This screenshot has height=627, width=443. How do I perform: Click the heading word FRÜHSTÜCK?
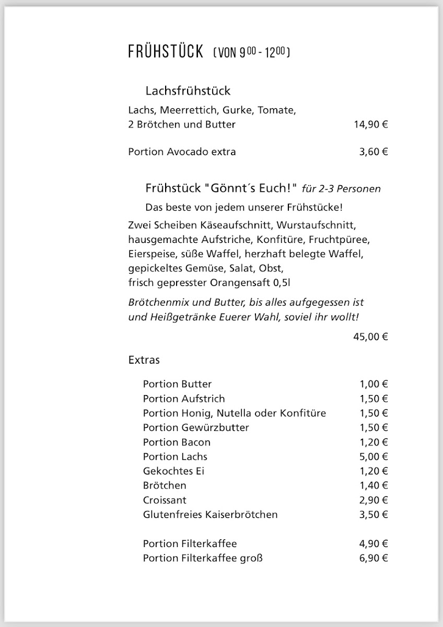click(165, 52)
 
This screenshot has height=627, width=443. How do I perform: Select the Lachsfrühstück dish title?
click(188, 91)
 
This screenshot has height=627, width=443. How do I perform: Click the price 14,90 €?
click(370, 124)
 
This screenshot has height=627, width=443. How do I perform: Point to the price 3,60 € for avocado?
click(373, 152)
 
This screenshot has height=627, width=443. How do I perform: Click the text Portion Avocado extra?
click(182, 152)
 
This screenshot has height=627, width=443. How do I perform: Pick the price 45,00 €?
click(370, 336)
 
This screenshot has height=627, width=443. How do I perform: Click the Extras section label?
click(144, 360)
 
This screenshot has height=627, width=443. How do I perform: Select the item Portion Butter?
click(177, 384)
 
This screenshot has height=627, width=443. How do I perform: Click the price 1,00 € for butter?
click(373, 384)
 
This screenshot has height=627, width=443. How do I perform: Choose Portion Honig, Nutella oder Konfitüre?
click(234, 413)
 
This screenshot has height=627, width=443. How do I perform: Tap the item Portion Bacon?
click(177, 442)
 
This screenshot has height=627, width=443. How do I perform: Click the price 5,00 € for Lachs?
click(373, 457)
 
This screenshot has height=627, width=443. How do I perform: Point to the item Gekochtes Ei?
click(173, 471)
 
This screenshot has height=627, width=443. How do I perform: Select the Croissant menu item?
click(165, 500)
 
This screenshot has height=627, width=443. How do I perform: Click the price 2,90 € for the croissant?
click(373, 500)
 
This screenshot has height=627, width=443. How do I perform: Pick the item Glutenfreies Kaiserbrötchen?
click(210, 515)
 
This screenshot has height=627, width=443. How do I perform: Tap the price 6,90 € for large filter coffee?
click(373, 558)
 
